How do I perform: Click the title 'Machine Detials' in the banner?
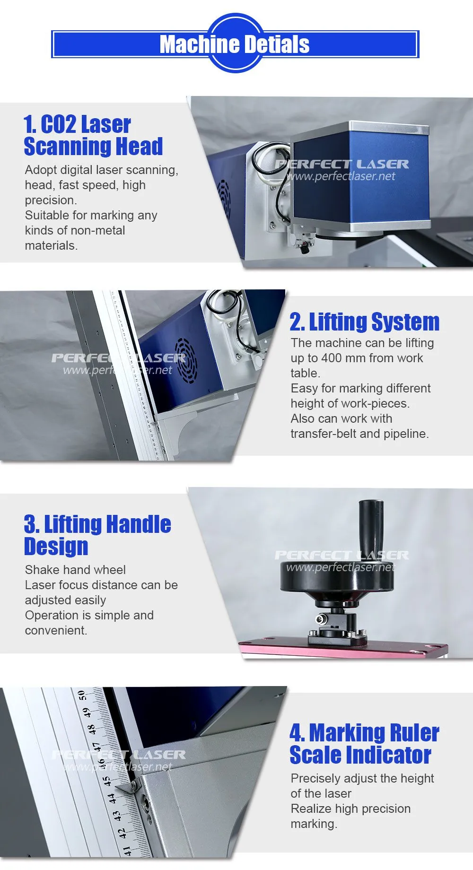(x=235, y=44)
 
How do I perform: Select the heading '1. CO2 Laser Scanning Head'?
(x=93, y=135)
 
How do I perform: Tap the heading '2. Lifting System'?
(x=365, y=322)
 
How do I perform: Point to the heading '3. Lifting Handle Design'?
(x=97, y=535)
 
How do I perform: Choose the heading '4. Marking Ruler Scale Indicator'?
(x=364, y=744)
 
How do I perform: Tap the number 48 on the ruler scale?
(x=92, y=729)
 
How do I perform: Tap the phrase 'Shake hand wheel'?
(x=75, y=570)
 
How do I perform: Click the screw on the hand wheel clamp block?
(x=321, y=619)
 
